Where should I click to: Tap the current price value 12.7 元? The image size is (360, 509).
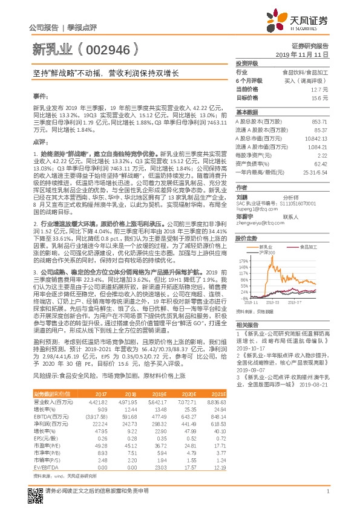point(319,89)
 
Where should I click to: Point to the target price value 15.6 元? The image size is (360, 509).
point(320,97)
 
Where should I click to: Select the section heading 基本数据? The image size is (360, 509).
point(246,113)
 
